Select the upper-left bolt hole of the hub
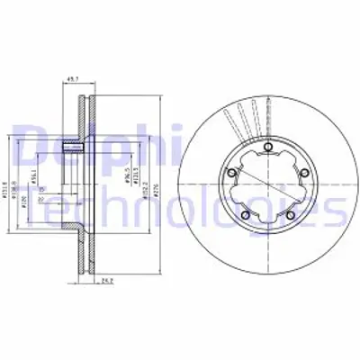pyautogui.click(x=233, y=173)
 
